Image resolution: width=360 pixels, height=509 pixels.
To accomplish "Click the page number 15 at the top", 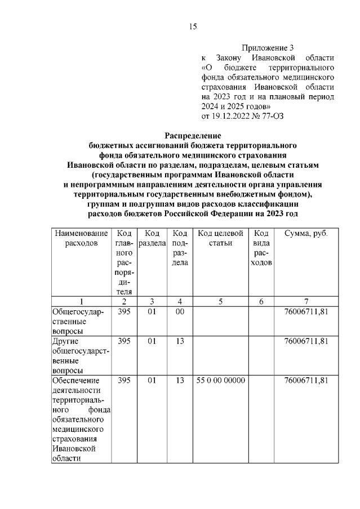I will tap(192, 26).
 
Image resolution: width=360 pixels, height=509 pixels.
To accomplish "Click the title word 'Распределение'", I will tap(193, 135).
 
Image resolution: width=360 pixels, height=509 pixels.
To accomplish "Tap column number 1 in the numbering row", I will tap(81, 301).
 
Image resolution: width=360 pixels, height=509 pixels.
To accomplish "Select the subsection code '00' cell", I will tap(180, 311).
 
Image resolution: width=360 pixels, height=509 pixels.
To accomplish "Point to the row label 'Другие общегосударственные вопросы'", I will tap(79, 356).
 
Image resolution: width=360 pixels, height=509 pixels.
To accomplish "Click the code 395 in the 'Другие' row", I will tap(124, 341).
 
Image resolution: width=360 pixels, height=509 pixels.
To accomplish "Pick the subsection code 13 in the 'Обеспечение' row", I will tap(180, 381).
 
